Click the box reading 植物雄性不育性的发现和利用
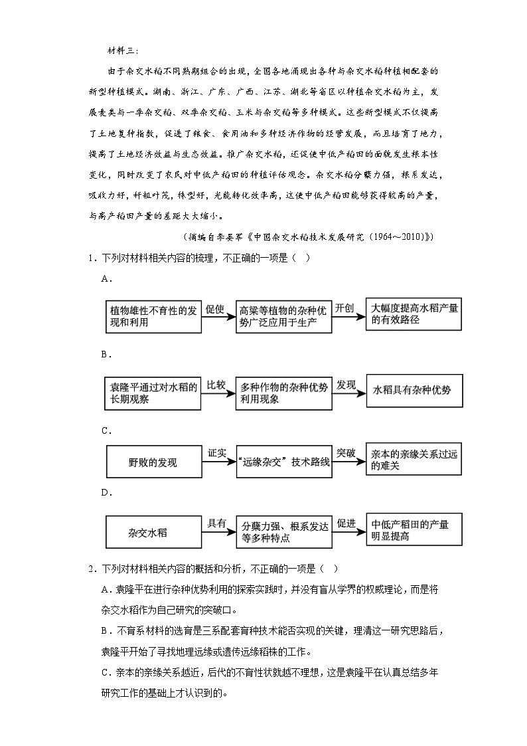153,316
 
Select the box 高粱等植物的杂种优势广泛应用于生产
283,316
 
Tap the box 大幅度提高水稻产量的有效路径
414,315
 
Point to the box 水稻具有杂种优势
414,390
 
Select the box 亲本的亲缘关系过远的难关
414,459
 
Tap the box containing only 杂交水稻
153,532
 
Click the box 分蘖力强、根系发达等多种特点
283,532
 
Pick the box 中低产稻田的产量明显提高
414,529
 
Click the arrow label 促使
216,309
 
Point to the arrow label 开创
345,309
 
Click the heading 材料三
121,49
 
